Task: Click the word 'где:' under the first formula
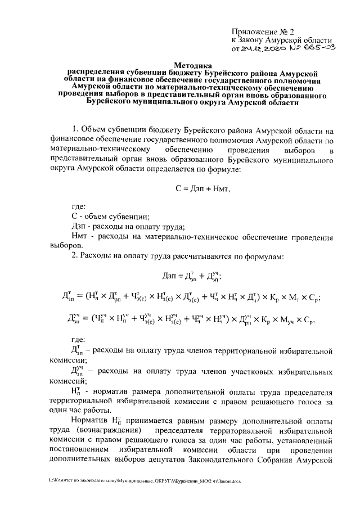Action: (79, 206)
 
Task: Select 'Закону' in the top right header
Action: (255, 40)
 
